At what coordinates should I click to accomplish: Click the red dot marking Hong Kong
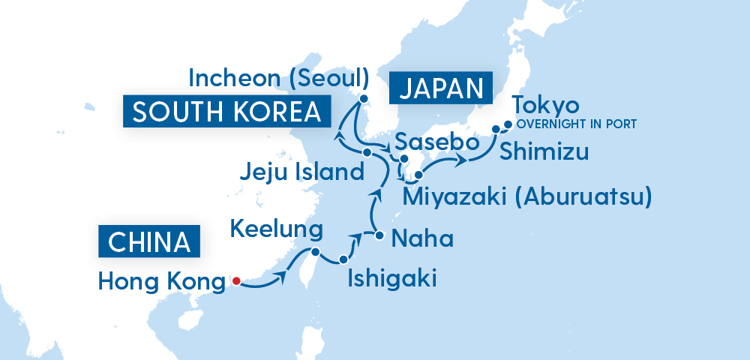pos(235,281)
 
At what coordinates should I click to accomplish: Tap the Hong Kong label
pos(161,282)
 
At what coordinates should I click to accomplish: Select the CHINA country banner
pos(149,242)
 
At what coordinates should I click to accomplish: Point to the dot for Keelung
pos(316,252)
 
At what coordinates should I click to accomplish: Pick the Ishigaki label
pos(391,280)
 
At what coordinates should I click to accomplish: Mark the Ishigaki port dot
pos(343,259)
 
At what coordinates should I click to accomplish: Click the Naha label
pos(423,239)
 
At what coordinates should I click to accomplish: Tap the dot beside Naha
pos(379,236)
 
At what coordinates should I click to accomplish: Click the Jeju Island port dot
pos(367,152)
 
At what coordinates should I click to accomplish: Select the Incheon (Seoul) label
pos(279,77)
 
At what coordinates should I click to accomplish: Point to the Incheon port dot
pos(364,98)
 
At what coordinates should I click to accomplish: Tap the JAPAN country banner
pos(439,89)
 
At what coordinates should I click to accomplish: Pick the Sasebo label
pos(431,142)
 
